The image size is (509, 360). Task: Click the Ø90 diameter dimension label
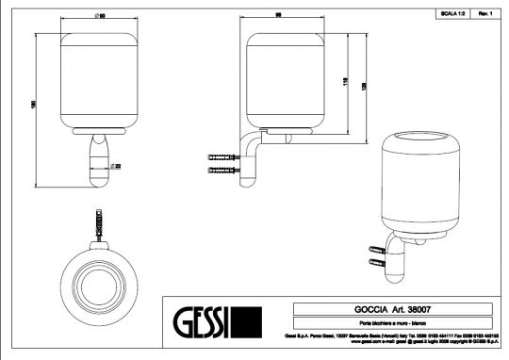98,18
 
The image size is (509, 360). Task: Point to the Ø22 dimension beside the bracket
114,165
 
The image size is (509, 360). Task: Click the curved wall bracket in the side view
251,155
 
